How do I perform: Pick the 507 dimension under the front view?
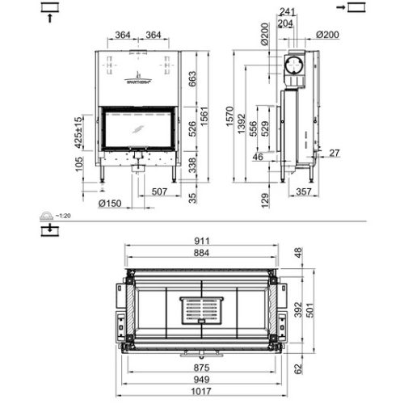point(158,191)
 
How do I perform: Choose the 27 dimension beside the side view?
point(335,152)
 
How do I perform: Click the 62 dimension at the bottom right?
point(300,369)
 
